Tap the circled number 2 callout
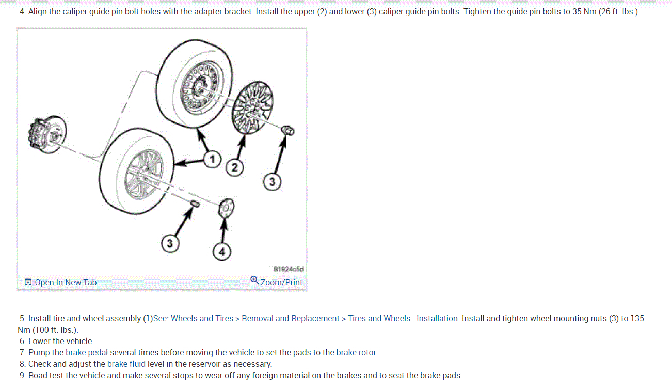click(x=235, y=167)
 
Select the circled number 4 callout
click(x=222, y=252)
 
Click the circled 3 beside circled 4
click(x=169, y=243)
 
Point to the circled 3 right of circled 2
click(x=272, y=181)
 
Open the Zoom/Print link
click(x=281, y=282)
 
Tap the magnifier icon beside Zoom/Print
click(x=254, y=280)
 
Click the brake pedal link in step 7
click(x=87, y=353)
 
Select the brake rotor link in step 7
click(x=356, y=353)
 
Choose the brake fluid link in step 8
click(x=126, y=364)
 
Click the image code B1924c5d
click(x=289, y=269)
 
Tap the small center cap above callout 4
click(x=226, y=208)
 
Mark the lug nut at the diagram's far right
click(x=288, y=131)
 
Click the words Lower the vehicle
click(x=61, y=342)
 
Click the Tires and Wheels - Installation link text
click(x=403, y=319)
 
